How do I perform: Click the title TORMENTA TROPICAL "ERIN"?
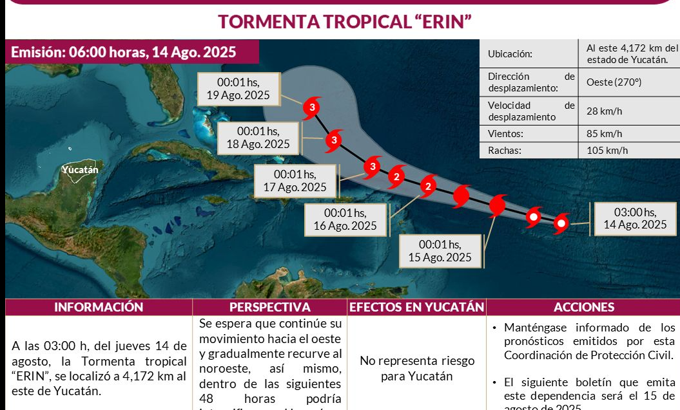345,21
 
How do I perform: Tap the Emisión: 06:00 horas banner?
124,52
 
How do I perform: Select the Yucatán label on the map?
80,170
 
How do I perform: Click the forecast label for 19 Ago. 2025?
238,89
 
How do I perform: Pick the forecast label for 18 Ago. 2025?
258,138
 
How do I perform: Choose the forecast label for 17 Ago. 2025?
295,181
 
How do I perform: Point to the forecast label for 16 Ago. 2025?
345,219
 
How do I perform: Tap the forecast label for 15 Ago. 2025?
440,251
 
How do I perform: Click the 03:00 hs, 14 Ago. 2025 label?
635,218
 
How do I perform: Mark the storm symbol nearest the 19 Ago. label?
312,107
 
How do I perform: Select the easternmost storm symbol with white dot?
561,224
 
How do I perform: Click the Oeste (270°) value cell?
614,82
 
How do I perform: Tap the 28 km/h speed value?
604,111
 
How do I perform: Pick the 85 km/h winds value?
604,134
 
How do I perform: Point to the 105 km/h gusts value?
607,151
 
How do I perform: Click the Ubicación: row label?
510,55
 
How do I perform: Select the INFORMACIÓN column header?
99,308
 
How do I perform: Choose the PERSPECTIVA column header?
269,308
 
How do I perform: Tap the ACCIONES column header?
583,308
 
